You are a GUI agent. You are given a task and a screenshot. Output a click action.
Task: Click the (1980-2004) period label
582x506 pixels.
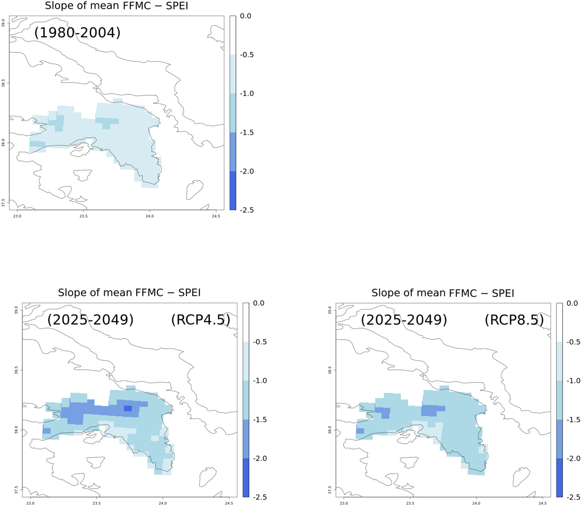click(77, 32)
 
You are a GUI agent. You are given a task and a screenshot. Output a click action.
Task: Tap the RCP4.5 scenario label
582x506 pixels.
click(200, 320)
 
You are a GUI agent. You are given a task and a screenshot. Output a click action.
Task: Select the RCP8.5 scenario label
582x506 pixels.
click(514, 320)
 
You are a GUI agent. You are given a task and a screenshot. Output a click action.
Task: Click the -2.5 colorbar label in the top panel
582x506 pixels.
click(247, 210)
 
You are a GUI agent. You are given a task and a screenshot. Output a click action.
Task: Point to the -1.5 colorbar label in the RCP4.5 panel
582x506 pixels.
click(260, 420)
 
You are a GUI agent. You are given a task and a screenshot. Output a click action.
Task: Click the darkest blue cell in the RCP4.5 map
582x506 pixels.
click(128, 408)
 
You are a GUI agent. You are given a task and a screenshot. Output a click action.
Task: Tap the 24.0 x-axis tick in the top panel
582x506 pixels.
click(150, 216)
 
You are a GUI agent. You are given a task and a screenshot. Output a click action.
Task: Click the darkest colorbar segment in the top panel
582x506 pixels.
click(233, 191)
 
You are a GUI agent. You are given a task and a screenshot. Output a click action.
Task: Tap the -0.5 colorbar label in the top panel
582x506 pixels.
click(247, 55)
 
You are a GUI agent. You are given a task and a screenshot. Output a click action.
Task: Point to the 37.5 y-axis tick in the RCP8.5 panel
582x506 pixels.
click(330, 490)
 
